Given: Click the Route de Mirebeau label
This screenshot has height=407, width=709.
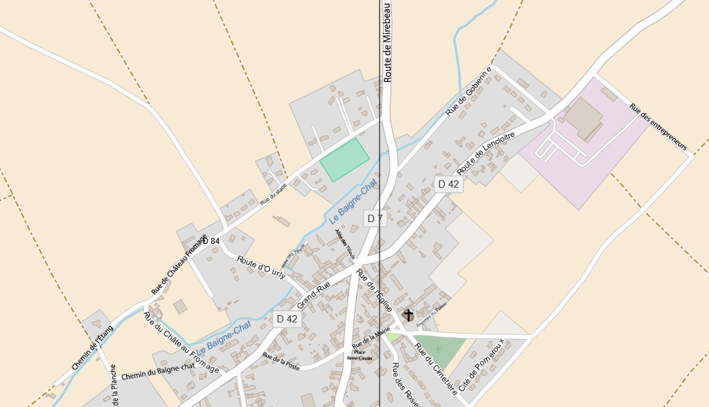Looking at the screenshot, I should coord(388,41).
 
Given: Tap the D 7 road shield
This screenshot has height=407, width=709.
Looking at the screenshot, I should coord(375,219).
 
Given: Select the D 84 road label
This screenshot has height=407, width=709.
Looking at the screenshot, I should coord(211,241).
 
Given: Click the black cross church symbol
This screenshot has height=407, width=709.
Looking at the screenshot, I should coord(408,315).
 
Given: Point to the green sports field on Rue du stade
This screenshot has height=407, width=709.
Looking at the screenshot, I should coord(344,159).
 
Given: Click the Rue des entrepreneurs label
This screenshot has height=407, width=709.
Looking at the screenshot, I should coord(658,127).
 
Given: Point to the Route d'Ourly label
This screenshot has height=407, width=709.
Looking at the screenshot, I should coord(260,267).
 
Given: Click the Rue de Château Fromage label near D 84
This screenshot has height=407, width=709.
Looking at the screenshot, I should coord(179,264).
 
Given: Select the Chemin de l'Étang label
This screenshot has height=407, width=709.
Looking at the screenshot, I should coord(93,348).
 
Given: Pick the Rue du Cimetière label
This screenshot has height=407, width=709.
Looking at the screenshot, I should coord(436,367).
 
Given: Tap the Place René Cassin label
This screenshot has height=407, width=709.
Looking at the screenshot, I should coord(359,355).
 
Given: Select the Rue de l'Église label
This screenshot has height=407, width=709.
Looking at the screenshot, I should coord(375,291).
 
